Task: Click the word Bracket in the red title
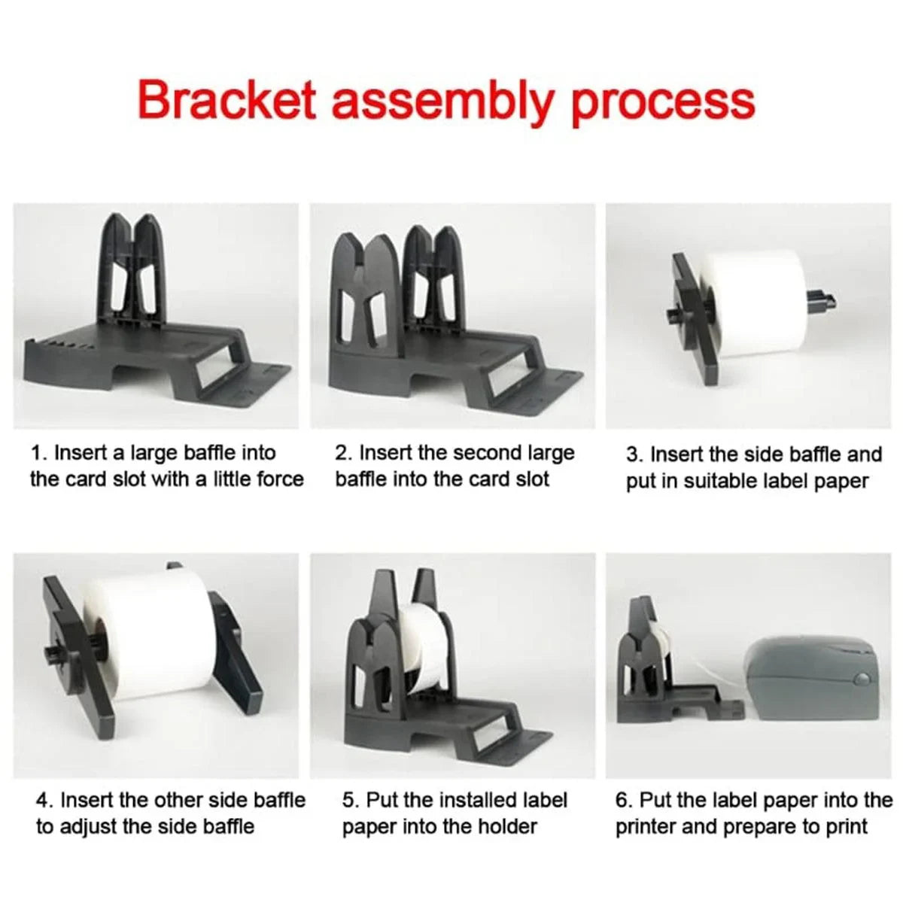coord(227,101)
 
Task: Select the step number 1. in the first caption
coord(40,453)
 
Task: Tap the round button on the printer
coord(861,679)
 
